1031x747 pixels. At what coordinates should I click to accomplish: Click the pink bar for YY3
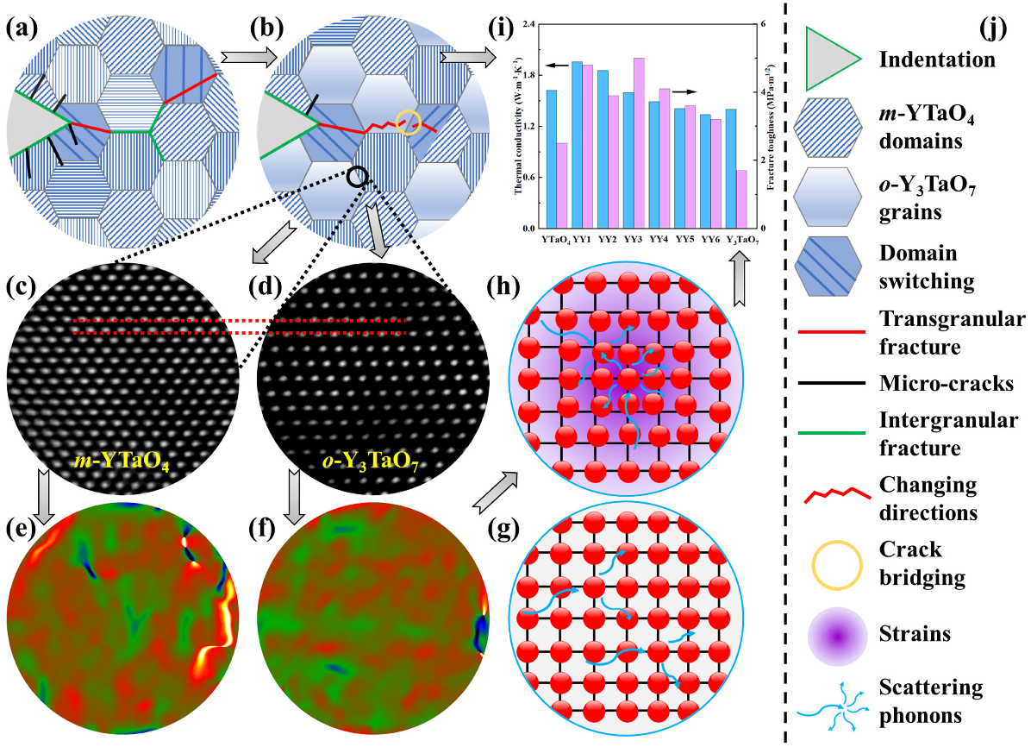639,142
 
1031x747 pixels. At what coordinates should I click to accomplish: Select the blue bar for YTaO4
551,159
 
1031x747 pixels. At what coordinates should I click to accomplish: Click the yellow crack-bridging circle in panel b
409,122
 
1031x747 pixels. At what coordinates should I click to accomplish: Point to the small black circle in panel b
359,177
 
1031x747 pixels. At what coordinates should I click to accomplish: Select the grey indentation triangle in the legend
832,59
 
